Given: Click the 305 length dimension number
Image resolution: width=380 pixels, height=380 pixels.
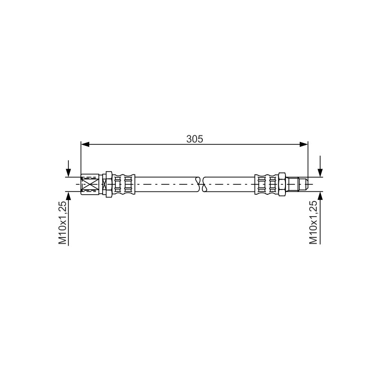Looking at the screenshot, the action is pos(195,139).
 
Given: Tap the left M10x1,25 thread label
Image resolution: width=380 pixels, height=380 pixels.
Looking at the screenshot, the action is pos(63,222).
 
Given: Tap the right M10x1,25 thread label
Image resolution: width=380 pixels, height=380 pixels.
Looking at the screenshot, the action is pos(313,222).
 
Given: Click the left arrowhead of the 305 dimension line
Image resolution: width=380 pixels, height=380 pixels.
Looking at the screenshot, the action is pos(85,144).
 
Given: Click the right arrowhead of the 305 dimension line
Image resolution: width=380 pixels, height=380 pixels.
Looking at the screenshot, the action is pos(304,144).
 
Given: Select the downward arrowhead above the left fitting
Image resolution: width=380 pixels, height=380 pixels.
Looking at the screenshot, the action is pos(68,172).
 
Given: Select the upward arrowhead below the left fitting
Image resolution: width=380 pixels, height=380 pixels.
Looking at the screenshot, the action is pos(68,196).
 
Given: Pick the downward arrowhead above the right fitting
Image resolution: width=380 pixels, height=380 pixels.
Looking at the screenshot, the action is pos(320,172).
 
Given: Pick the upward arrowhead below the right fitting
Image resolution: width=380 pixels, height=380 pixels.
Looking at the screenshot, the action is pos(320,196).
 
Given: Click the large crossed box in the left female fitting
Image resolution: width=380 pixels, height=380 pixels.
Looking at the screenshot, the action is pos(90,184).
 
